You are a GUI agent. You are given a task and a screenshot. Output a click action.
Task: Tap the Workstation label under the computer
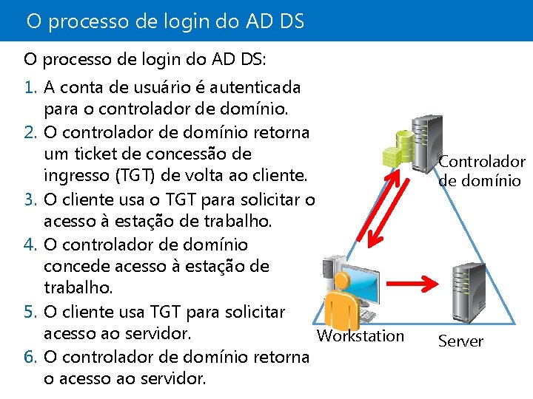click(361, 336)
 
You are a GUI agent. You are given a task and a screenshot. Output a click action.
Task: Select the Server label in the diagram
click(460, 341)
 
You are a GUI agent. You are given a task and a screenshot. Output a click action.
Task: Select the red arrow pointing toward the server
click(411, 282)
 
